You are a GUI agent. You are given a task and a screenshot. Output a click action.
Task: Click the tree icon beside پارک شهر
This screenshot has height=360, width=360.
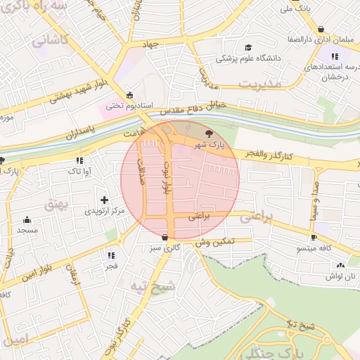208,133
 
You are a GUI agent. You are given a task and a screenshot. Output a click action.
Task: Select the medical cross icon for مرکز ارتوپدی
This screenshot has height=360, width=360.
105,200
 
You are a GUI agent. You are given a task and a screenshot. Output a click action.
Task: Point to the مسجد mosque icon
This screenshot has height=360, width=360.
27,219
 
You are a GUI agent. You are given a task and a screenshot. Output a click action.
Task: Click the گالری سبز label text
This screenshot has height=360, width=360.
165,248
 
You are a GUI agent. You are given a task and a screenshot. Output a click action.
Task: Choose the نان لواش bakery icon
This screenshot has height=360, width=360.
340,265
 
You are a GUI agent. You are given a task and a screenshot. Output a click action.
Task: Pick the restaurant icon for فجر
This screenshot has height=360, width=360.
111,256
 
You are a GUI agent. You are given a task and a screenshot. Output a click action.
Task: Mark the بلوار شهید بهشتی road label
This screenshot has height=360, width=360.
79,91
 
